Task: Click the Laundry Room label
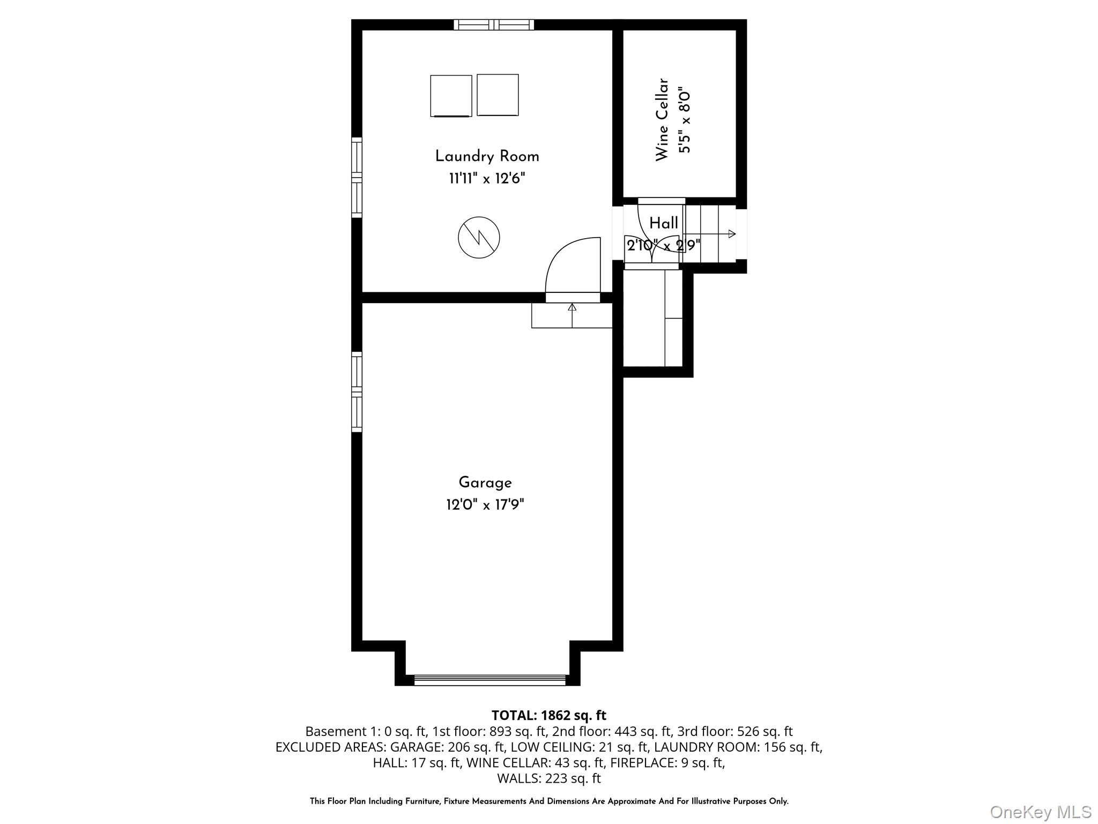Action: point(487,157)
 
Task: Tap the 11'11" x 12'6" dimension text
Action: point(487,179)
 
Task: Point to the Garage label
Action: point(485,483)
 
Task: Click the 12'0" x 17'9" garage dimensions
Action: point(485,505)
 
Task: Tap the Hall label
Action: point(664,223)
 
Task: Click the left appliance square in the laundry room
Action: point(451,95)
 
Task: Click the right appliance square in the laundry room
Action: point(498,95)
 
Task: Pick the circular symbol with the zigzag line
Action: point(479,237)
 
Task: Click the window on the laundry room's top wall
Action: point(494,24)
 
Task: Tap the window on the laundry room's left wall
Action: point(357,177)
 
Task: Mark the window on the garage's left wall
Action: point(357,392)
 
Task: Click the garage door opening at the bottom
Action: point(489,680)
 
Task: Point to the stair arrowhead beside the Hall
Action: point(732,234)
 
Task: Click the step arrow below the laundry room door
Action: point(572,308)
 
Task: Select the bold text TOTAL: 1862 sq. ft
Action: point(548,715)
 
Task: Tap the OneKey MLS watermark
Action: point(1040,812)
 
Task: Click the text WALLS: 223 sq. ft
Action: point(548,778)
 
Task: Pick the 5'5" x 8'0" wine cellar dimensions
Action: point(685,121)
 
